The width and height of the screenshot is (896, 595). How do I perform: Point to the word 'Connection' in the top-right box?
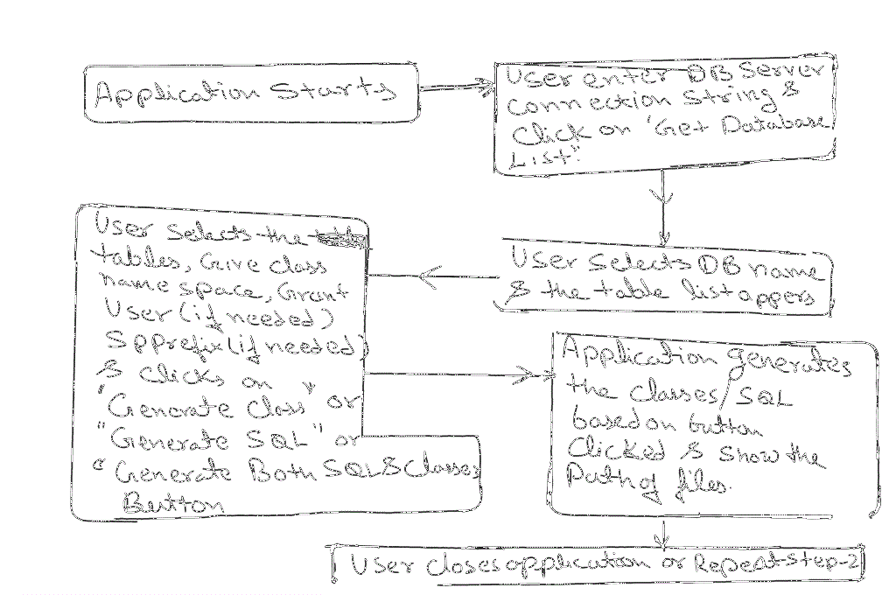pos(563,107)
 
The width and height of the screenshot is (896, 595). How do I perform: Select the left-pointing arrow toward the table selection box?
pos(433,277)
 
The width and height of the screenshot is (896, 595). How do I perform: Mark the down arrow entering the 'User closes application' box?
pos(664,534)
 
